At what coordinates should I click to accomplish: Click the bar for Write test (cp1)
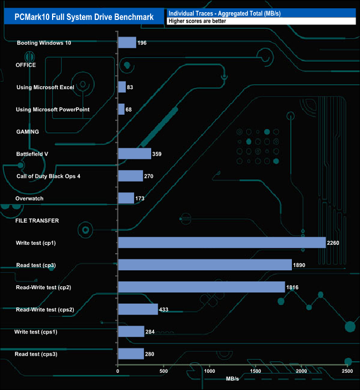coord(222,243)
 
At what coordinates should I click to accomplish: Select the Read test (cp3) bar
coord(205,265)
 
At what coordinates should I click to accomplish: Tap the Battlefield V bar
coord(135,153)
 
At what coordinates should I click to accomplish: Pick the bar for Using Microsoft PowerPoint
coord(121,109)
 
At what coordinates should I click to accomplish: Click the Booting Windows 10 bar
coord(127,43)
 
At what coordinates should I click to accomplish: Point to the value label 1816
coord(294,288)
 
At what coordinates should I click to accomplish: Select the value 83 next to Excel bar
coord(130,88)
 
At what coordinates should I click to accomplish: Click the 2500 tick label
coord(347,371)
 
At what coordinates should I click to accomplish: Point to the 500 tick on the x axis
coord(164,371)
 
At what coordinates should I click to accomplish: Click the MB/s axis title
coord(233,379)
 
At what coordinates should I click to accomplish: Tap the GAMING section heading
coord(27,132)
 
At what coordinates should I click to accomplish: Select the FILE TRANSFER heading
coord(37,220)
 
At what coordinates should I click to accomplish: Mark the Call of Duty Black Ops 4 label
coord(48,176)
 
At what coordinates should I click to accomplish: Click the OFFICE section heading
coord(26,65)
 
